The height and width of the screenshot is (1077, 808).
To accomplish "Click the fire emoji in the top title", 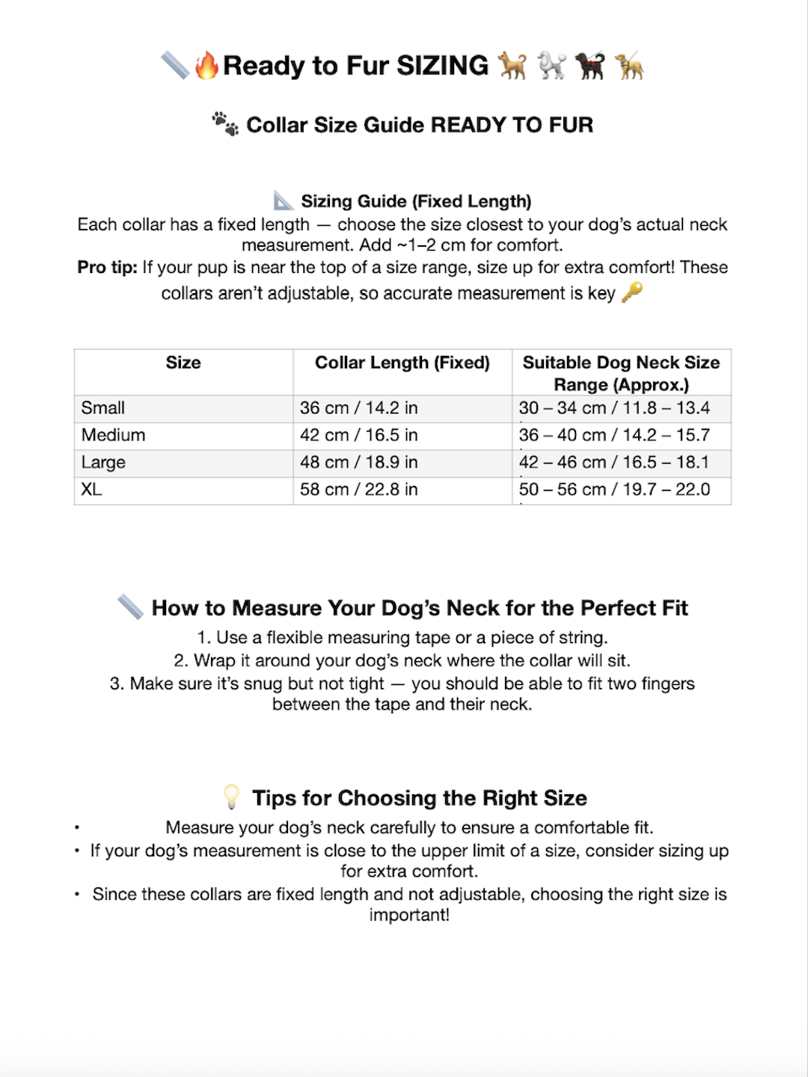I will point(206,66).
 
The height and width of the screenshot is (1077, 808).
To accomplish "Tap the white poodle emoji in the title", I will point(551,66).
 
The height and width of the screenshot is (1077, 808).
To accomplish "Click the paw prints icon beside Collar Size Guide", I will point(224,123).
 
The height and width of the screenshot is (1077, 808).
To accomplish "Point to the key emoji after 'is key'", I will point(632,292).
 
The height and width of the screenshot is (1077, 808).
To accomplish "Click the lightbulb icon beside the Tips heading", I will point(231,797).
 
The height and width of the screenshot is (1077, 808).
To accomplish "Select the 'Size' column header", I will point(183,363).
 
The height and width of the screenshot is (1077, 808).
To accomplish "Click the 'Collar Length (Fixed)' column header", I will point(402,363).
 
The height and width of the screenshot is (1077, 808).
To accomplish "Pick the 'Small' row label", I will point(103,408).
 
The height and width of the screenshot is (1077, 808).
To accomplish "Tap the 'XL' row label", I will point(91,490).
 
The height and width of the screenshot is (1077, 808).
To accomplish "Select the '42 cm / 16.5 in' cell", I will point(359,435).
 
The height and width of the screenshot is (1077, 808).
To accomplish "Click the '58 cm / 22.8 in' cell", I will point(359,490).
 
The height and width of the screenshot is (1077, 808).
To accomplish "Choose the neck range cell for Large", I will point(614,462).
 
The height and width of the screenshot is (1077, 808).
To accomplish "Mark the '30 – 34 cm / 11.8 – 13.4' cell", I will point(614,408).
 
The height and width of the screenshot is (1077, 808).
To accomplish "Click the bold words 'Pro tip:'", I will point(107,268).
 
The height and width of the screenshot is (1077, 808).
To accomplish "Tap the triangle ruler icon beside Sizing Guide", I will point(284,200).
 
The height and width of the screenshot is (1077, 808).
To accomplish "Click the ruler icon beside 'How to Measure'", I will point(131,607).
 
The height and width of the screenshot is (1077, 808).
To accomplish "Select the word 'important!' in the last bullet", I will point(409,915).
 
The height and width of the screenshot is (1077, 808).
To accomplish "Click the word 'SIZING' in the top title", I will point(442,66).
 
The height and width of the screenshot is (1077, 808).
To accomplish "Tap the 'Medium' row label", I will point(114,435).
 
